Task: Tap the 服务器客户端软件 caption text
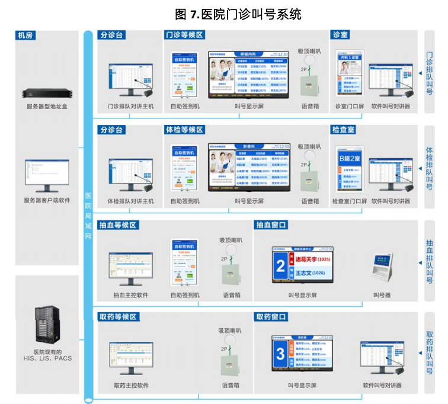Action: pyautogui.click(x=47, y=200)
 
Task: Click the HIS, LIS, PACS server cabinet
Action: pyautogui.click(x=47, y=326)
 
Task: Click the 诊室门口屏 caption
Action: pyautogui.click(x=351, y=107)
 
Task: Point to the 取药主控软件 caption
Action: pyautogui.click(x=131, y=386)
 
